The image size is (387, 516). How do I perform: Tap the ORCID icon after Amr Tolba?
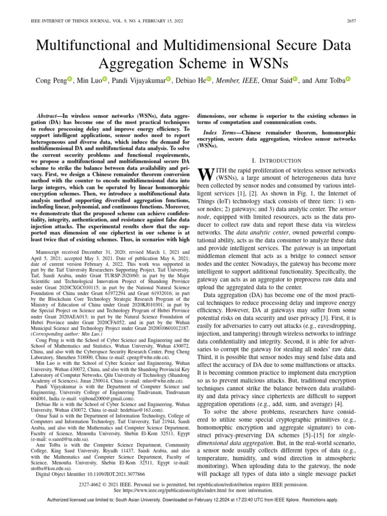point(348,79)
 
